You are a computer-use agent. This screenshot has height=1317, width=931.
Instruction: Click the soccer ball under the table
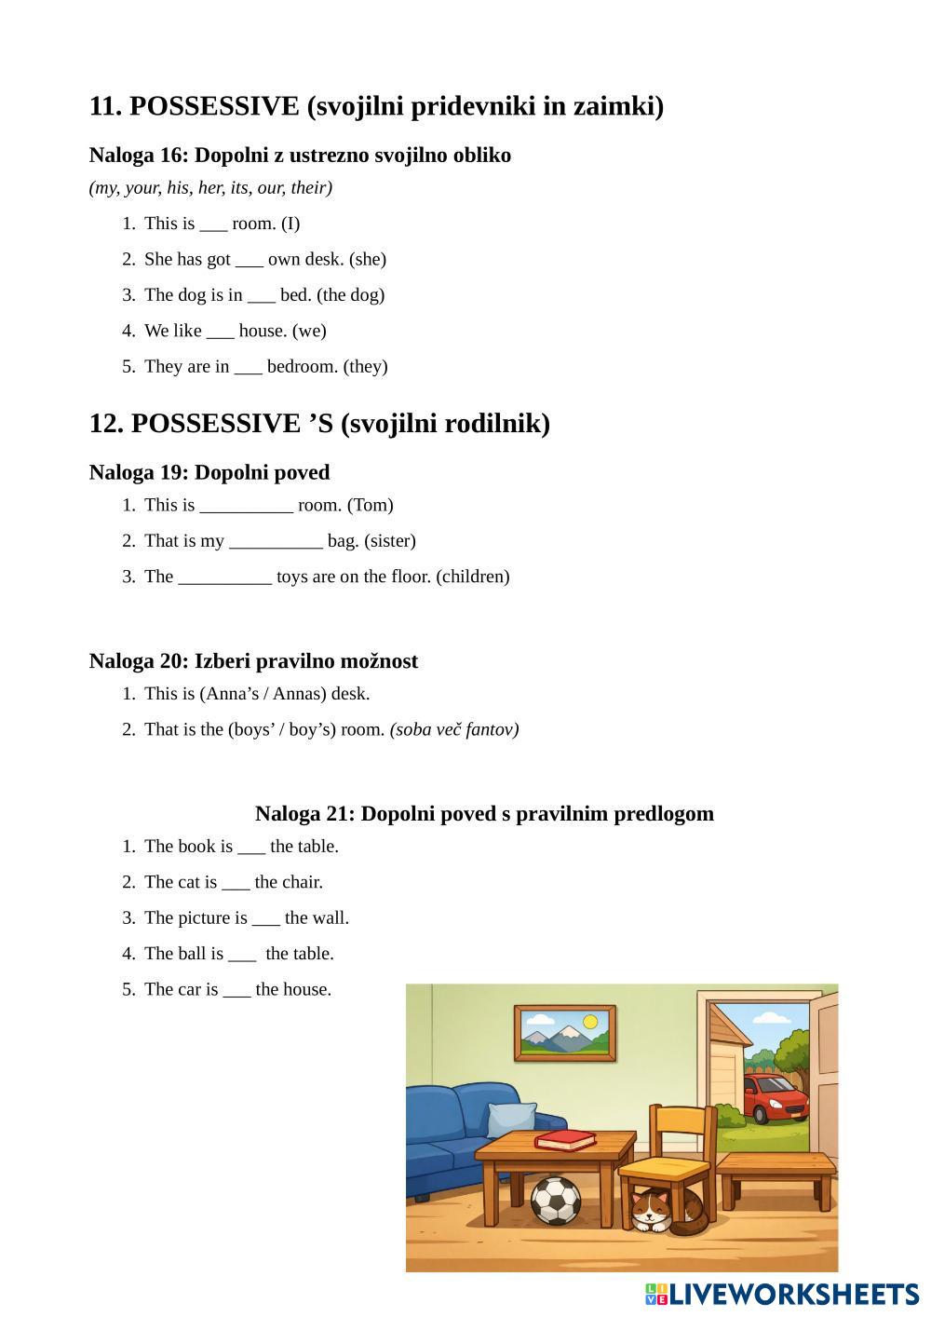pyautogui.click(x=556, y=1201)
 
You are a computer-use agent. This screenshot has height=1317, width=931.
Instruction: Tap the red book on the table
pyautogui.click(x=565, y=1140)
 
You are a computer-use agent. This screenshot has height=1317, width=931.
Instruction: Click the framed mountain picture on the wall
pyautogui.click(x=565, y=1033)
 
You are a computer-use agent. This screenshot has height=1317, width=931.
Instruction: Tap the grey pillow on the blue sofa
pyautogui.click(x=512, y=1119)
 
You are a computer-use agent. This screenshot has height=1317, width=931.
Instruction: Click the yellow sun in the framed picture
pyautogui.click(x=589, y=1022)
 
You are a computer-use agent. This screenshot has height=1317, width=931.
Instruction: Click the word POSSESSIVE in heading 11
pyautogui.click(x=214, y=106)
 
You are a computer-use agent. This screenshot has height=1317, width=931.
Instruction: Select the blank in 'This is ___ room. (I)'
pyautogui.click(x=213, y=224)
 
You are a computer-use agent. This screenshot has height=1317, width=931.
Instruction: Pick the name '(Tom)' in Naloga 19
pyautogui.click(x=371, y=505)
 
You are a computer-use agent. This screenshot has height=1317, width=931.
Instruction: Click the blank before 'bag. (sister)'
pyautogui.click(x=276, y=542)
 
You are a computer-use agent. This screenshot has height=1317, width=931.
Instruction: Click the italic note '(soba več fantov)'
pyautogui.click(x=454, y=729)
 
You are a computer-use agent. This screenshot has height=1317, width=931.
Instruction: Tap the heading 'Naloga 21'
pyautogui.click(x=304, y=813)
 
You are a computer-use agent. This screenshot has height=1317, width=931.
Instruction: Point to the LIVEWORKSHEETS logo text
pyautogui.click(x=793, y=1294)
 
